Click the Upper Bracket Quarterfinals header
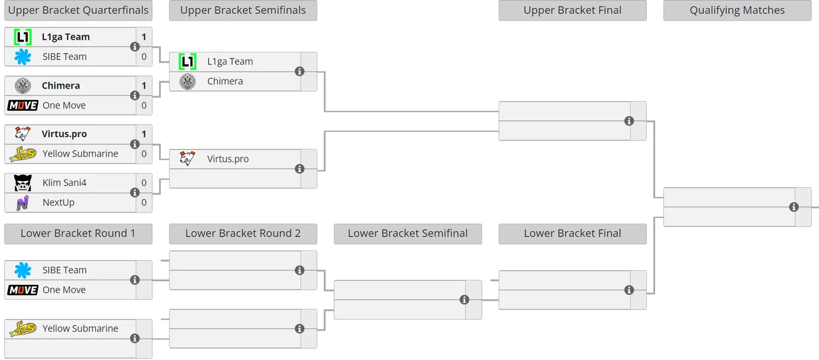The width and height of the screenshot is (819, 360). pyautogui.click(x=78, y=10)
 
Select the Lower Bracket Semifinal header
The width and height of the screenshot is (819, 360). pyautogui.click(x=408, y=233)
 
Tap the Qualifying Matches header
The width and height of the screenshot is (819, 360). pyautogui.click(x=737, y=10)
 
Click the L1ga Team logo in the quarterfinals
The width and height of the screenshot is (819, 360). pyautogui.click(x=23, y=37)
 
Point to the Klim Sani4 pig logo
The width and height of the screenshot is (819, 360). pyautogui.click(x=23, y=183)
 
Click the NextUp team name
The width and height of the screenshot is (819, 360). pyautogui.click(x=58, y=202)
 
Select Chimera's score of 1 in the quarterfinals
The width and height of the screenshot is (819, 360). pyautogui.click(x=144, y=85)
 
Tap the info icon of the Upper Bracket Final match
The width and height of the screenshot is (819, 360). pyautogui.click(x=629, y=121)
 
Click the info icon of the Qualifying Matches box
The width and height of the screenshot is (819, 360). pyautogui.click(x=794, y=207)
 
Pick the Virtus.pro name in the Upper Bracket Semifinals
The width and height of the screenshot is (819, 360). pyautogui.click(x=228, y=159)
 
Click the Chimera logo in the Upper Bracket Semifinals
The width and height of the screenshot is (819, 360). pyautogui.click(x=187, y=81)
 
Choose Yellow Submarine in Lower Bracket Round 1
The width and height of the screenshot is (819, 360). pyautogui.click(x=80, y=329)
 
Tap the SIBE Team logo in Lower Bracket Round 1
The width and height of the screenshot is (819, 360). pyautogui.click(x=23, y=270)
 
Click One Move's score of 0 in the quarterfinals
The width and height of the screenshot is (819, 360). pyautogui.click(x=144, y=105)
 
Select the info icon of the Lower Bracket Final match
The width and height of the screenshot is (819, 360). pyautogui.click(x=629, y=290)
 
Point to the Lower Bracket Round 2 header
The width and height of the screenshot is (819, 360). pyautogui.click(x=243, y=233)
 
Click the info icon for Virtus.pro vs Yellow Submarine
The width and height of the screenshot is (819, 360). pyautogui.click(x=135, y=144)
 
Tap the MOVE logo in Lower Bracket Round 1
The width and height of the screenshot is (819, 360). pyautogui.click(x=23, y=290)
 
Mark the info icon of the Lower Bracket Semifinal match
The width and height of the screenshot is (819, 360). pyautogui.click(x=464, y=300)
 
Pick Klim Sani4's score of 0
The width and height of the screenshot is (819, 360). pyautogui.click(x=144, y=183)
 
